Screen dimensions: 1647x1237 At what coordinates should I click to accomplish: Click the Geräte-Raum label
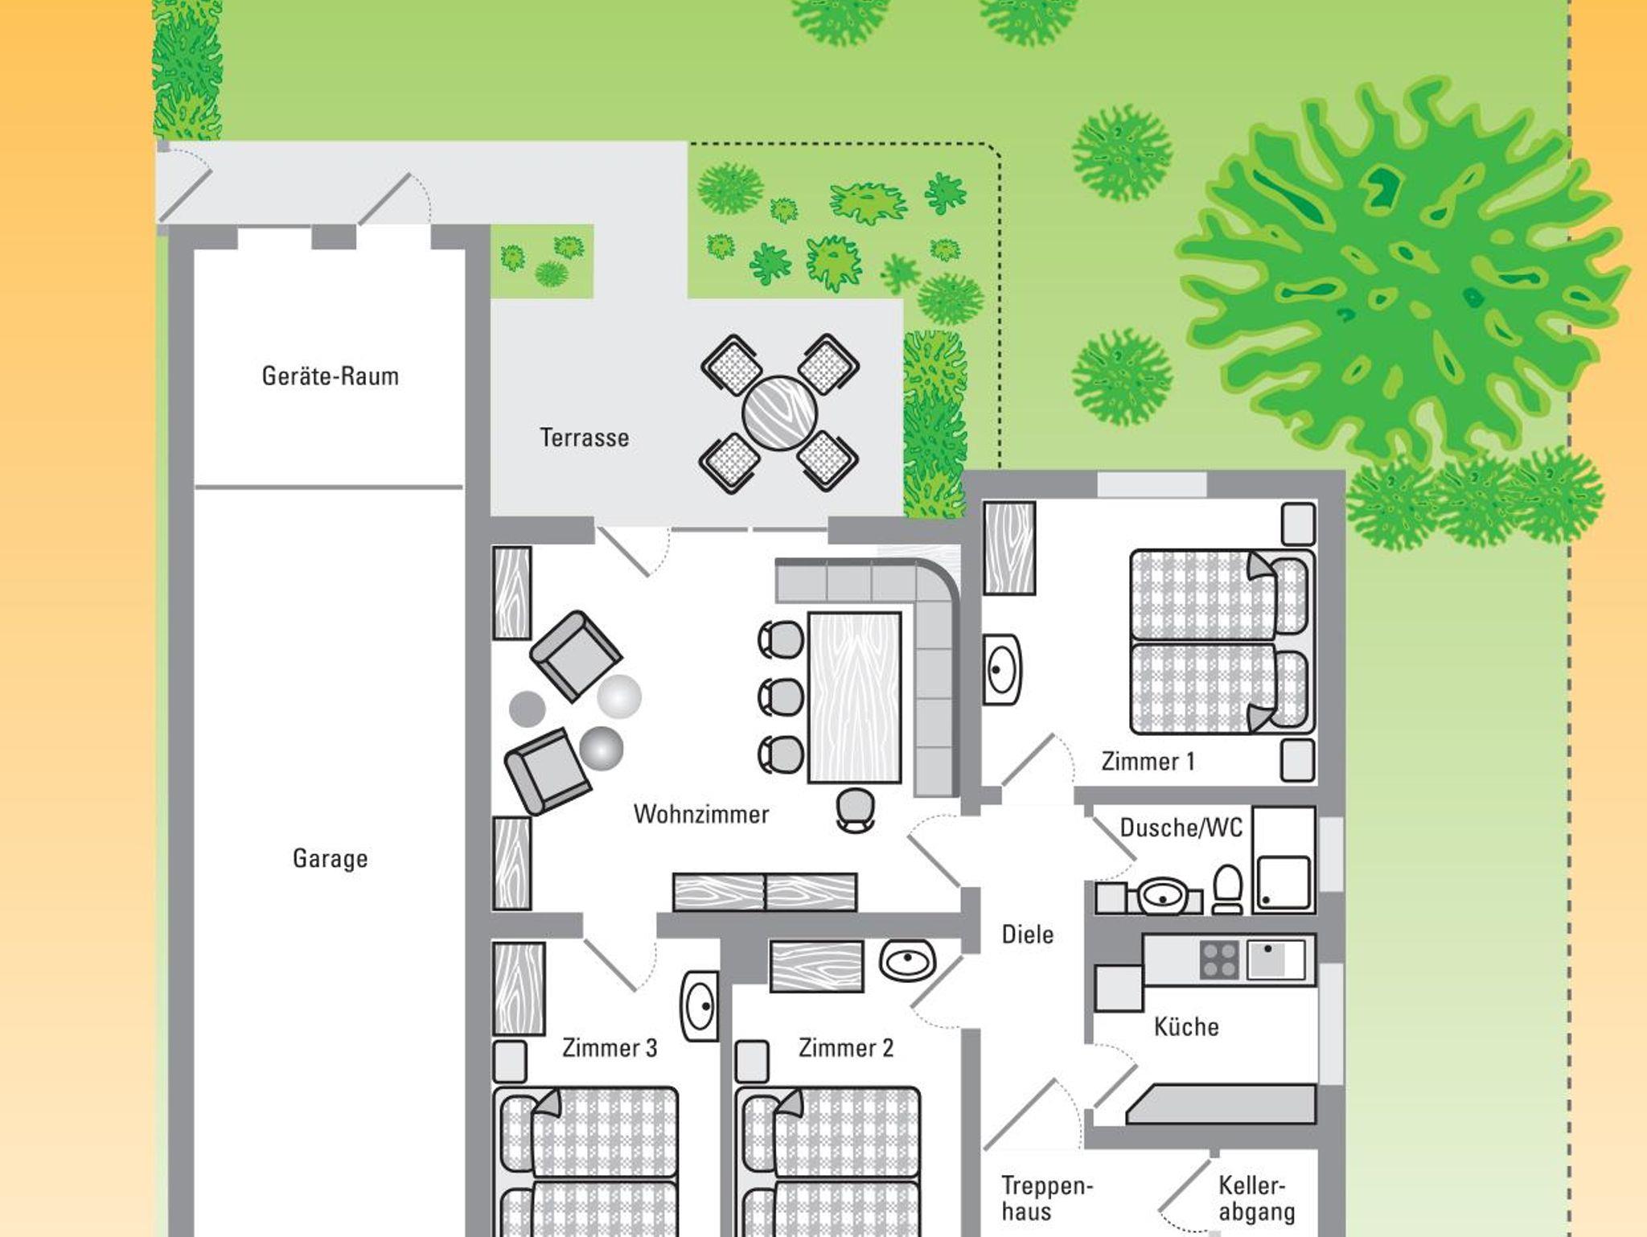click(331, 376)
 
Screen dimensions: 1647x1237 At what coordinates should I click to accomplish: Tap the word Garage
click(331, 858)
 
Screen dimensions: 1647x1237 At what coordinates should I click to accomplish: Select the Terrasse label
click(585, 438)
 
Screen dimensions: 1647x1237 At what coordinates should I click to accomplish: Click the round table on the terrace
click(779, 414)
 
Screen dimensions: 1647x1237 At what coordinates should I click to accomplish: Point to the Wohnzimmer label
click(701, 814)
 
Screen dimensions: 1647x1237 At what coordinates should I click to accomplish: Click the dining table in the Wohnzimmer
click(854, 697)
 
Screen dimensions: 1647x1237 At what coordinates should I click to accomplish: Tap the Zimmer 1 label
click(1148, 761)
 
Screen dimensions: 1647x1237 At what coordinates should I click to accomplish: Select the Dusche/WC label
click(1181, 827)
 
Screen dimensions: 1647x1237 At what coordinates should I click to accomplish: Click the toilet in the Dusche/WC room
click(1227, 890)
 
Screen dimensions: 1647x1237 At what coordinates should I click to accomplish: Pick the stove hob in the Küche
click(1219, 959)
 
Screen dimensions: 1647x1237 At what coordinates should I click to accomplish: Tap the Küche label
click(1186, 1026)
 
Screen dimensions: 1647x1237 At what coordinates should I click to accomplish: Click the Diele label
click(1028, 934)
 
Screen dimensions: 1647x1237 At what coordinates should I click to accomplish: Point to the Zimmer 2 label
click(846, 1047)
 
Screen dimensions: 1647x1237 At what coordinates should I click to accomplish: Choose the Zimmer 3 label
click(610, 1047)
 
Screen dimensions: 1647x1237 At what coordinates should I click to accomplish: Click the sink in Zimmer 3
click(700, 1006)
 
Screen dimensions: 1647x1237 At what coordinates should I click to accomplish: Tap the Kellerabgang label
click(1257, 1198)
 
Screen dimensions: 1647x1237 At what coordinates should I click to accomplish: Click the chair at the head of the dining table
click(855, 808)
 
